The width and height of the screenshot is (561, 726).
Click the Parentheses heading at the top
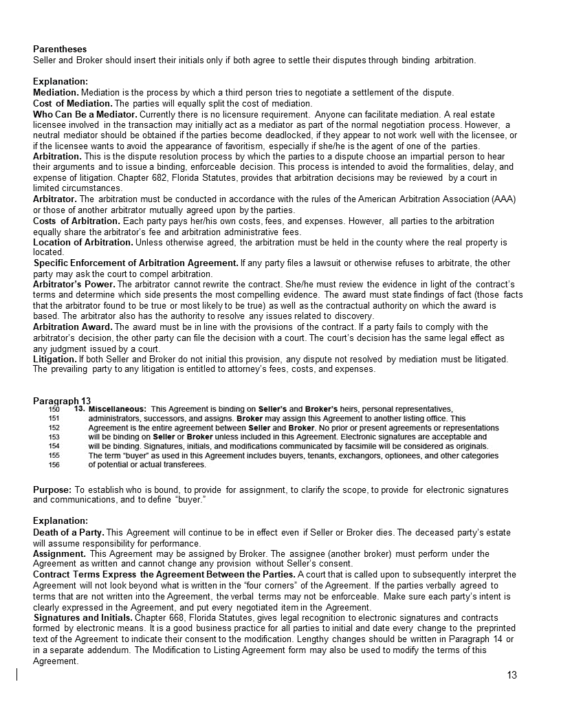(60, 49)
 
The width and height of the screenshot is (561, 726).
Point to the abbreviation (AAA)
(505, 199)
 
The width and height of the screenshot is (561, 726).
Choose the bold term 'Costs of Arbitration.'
(76, 221)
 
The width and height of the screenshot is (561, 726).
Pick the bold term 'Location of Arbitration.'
(83, 243)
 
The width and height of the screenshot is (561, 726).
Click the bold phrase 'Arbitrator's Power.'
(74, 285)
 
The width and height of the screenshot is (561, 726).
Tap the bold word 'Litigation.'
(55, 360)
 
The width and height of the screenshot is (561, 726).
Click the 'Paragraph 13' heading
(62, 401)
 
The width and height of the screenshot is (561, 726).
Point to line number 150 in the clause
(54, 409)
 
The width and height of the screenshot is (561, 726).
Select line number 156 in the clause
(54, 465)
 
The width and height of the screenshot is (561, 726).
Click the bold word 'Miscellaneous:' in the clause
(118, 409)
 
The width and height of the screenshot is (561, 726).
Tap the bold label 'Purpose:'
(52, 489)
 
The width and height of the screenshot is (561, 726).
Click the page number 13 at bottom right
(511, 675)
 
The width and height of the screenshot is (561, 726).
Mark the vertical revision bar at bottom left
(16, 674)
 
